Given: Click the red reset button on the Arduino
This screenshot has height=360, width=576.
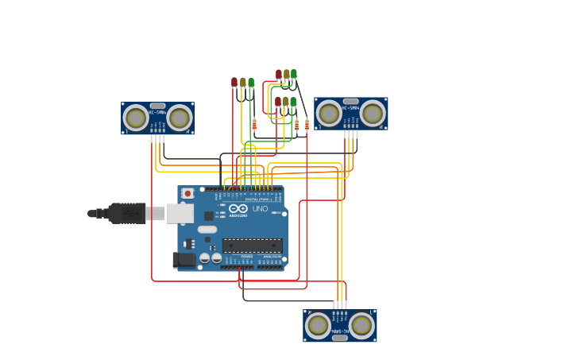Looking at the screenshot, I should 187,193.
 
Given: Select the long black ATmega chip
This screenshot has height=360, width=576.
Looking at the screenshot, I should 252,246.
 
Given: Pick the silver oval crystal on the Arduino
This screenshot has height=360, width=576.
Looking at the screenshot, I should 207,230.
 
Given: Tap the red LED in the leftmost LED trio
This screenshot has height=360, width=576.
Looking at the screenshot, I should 234,82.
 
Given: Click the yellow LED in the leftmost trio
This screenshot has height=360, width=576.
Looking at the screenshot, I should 243,82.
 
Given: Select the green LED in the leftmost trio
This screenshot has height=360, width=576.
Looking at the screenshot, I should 251,82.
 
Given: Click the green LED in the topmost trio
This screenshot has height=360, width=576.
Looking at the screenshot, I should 293,74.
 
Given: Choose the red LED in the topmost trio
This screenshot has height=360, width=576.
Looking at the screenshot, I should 279,75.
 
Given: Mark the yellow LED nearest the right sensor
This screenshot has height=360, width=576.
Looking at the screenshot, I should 285,102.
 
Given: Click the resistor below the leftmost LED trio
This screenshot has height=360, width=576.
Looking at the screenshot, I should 254,124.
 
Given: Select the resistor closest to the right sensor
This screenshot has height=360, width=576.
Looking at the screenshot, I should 307,125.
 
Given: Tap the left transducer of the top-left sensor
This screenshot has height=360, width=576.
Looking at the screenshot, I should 136,118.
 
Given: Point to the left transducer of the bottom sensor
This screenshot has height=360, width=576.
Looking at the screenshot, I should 318,325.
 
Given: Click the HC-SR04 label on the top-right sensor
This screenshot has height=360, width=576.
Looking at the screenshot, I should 350,107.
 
